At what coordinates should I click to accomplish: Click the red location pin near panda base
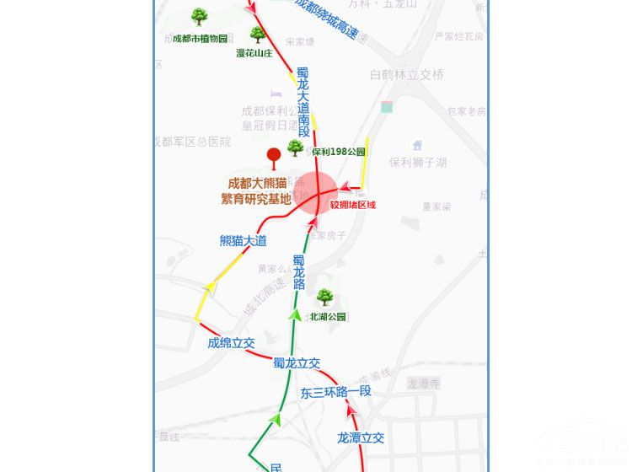pos(273,156)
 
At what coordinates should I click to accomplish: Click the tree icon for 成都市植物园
pos(200,16)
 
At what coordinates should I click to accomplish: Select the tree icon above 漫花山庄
pos(258,35)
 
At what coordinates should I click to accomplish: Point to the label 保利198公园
pos(339,152)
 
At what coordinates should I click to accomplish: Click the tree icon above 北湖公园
pos(324,297)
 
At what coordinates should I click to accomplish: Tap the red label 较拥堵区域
pos(353,205)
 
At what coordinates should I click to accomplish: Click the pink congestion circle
pos(316,195)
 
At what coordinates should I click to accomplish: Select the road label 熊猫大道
pos(243,241)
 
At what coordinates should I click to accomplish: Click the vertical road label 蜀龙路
pos(299,272)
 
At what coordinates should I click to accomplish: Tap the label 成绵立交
pos(231,343)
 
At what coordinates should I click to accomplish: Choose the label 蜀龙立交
pos(296,363)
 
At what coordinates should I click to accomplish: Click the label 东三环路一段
pos(335,392)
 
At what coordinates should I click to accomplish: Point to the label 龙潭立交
pos(361,437)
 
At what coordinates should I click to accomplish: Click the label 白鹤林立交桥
pos(407,74)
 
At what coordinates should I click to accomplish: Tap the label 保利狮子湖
pos(418,162)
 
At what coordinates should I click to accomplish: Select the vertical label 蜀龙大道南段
pos(303,102)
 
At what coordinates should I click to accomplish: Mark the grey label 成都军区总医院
pos(193,142)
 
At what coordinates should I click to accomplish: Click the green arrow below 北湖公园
pos(294,314)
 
